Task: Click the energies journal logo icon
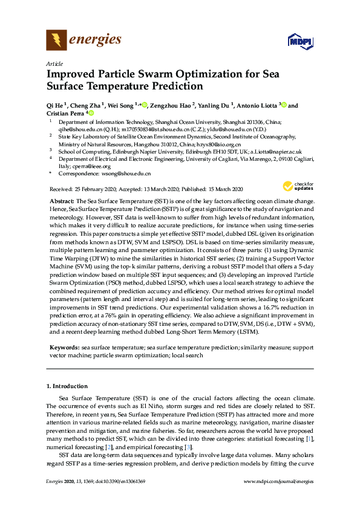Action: (56, 41)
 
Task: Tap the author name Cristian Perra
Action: (66, 113)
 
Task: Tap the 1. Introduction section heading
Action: (67, 386)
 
